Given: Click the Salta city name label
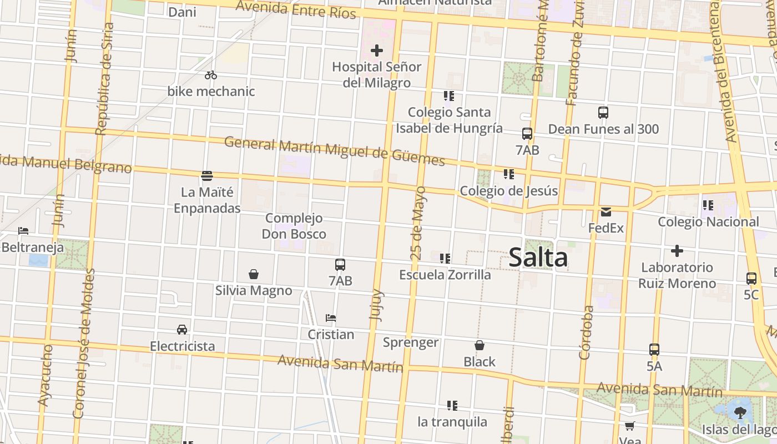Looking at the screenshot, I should pos(538,258).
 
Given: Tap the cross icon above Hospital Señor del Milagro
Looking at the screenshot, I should pos(377,51).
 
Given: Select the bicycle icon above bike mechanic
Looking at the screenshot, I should pos(211,75).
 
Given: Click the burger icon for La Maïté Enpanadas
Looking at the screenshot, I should pos(207,176).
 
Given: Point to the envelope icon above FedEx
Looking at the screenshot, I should pos(606,211).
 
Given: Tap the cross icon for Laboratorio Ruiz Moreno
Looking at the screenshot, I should pos(677,251).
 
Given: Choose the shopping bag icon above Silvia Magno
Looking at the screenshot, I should pos(254,274).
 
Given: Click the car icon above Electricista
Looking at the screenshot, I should pos(182,329).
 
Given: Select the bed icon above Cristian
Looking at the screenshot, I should pos(331,318).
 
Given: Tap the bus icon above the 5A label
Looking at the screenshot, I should pos(654,350).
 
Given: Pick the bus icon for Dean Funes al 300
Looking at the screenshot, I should pos(603,113).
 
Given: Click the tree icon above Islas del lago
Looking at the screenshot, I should pos(740,412).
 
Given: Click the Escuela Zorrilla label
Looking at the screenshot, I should pos(445,275).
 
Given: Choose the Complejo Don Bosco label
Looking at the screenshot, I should pos(294,226).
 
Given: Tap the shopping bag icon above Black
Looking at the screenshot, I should pos(480,346).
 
